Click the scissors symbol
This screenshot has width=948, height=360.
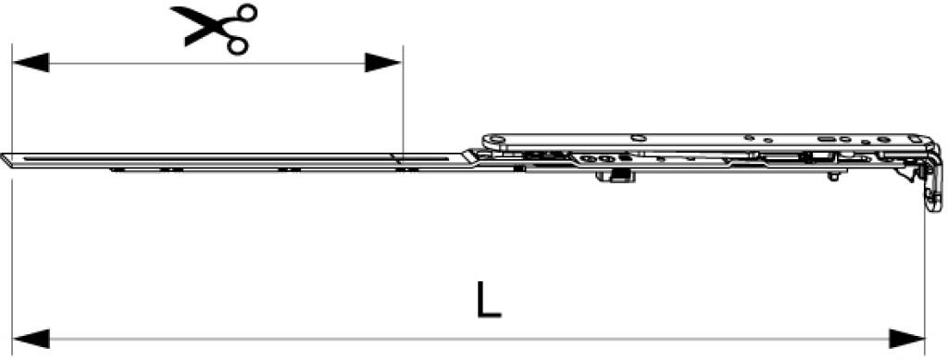218,29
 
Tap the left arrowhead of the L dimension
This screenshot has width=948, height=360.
31,339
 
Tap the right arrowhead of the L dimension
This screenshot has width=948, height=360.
907,339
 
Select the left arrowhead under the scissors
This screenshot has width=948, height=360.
31,63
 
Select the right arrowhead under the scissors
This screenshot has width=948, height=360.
382,63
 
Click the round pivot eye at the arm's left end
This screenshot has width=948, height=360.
493,143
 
